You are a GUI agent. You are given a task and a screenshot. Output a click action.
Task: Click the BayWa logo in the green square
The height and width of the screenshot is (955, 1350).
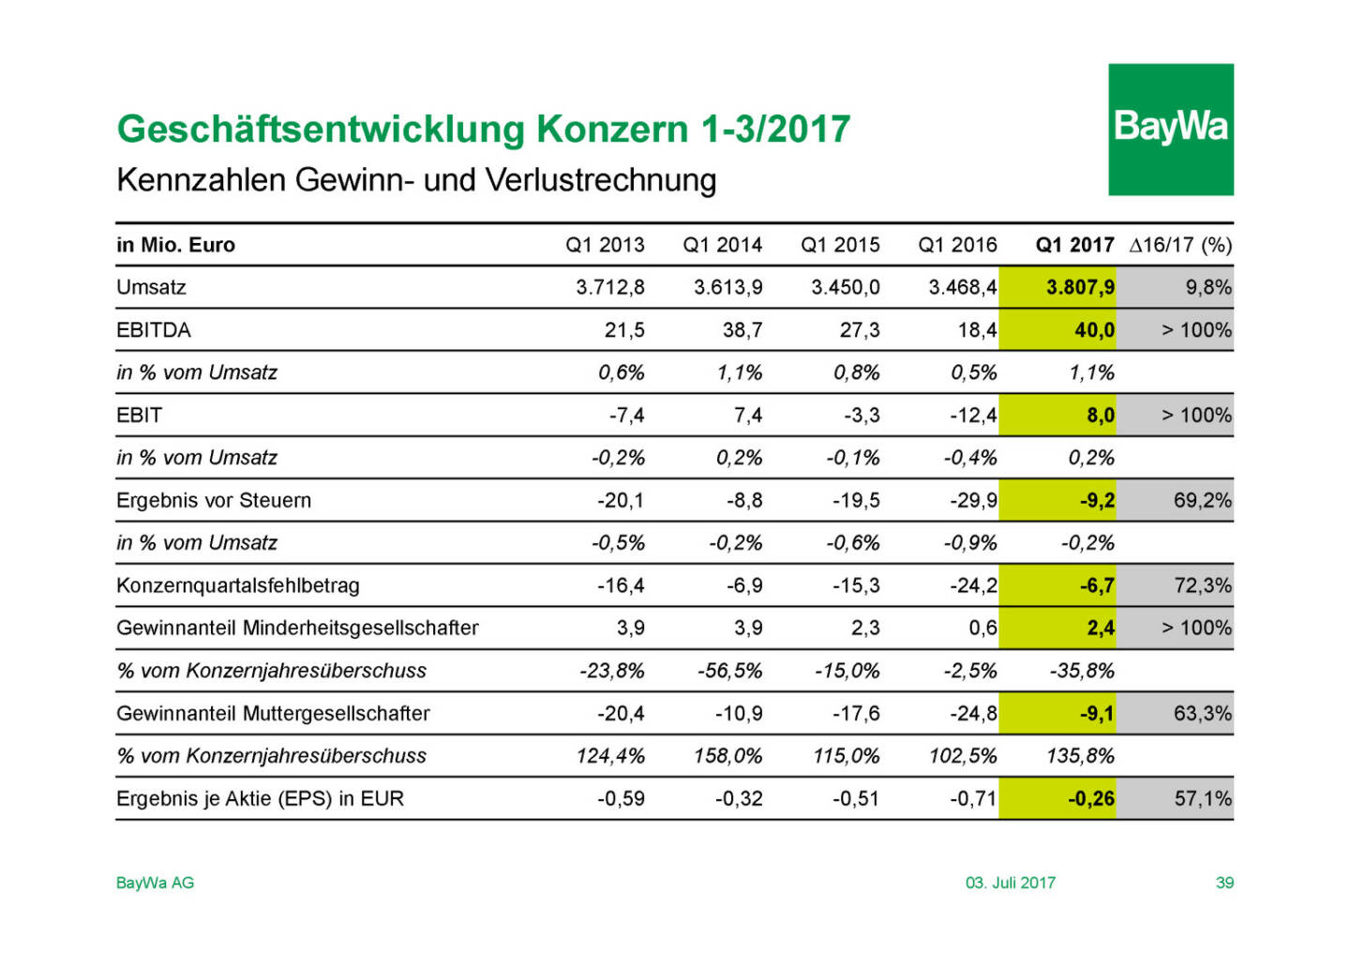point(1170,128)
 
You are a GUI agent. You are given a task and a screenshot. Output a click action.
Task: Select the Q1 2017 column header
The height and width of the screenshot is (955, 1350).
point(1074,245)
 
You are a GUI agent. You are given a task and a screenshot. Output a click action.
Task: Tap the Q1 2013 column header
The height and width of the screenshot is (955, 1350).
point(605,245)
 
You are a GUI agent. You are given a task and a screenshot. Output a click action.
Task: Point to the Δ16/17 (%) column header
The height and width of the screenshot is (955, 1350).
point(1180,245)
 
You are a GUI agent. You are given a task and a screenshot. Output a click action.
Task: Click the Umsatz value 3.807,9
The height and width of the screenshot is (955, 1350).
point(1080,287)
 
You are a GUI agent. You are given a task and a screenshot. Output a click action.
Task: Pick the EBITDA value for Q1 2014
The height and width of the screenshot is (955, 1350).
point(742,330)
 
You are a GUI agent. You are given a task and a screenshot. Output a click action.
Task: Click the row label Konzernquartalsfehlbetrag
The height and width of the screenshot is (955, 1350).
point(237,585)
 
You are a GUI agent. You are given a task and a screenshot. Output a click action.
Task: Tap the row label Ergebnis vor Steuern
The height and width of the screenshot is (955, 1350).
point(213,500)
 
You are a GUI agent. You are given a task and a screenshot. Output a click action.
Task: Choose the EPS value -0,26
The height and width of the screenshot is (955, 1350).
point(1091,798)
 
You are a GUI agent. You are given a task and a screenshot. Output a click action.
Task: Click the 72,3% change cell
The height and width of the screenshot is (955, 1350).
point(1202,585)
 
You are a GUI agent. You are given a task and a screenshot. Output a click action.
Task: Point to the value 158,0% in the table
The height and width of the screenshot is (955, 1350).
point(728,756)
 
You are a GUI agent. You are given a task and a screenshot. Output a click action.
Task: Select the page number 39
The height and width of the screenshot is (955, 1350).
point(1224,883)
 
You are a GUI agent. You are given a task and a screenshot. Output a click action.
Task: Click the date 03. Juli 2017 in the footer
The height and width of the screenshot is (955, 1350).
point(1010,883)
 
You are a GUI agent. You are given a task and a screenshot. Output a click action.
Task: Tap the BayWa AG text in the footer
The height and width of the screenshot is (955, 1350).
point(155,883)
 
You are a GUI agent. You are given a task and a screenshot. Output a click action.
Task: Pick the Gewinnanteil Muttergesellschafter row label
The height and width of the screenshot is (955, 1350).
point(273,713)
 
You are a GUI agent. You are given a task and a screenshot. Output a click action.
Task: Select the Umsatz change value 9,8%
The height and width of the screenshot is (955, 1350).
point(1207,287)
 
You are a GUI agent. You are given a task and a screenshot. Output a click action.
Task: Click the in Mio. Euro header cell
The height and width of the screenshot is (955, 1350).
point(175,245)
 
